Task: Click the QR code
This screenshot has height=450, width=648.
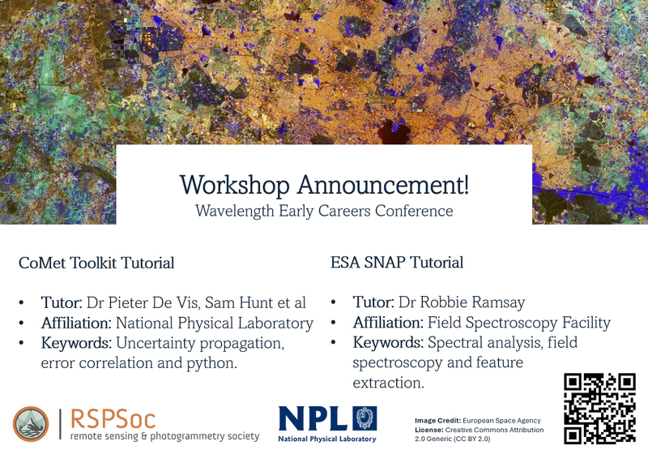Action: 599,409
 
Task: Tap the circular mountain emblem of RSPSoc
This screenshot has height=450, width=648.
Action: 31,424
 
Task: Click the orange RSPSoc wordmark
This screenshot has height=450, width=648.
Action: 112,418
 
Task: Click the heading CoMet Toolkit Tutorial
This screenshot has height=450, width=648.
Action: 96,263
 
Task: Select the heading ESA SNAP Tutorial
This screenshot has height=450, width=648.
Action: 397,263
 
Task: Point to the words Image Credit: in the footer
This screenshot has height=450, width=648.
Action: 437,420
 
